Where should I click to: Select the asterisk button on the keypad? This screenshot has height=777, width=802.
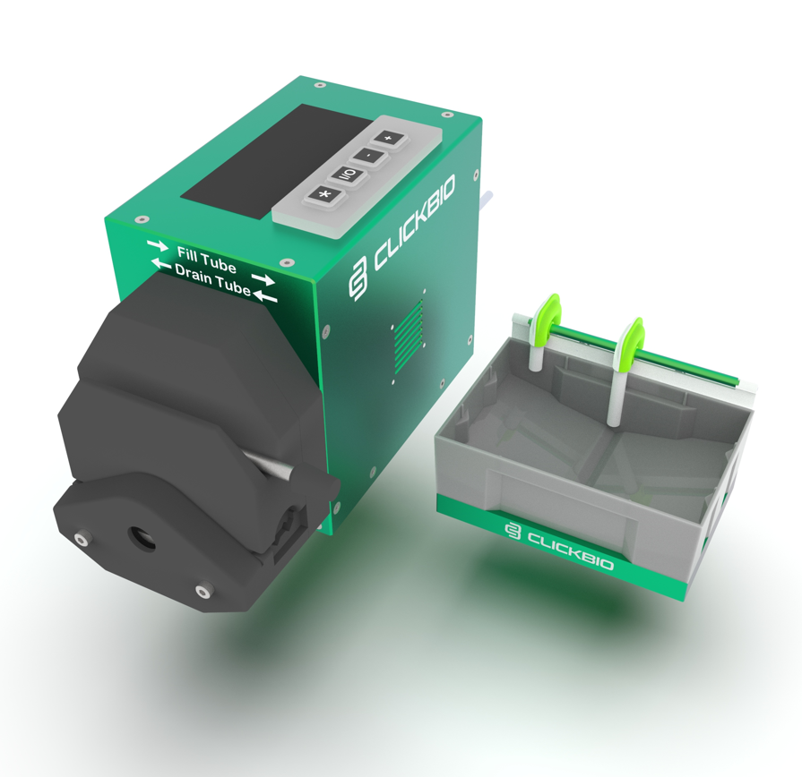323,194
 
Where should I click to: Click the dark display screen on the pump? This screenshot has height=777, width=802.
276,161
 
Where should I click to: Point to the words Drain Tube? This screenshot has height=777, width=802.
212,279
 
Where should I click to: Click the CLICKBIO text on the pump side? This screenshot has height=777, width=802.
413,223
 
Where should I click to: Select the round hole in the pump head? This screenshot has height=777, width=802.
141,538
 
